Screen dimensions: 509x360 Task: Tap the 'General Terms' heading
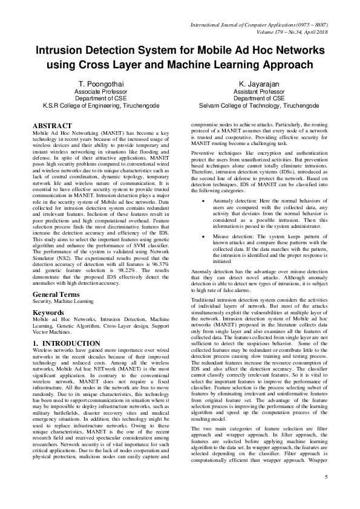pyautogui.click(x=57, y=277)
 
